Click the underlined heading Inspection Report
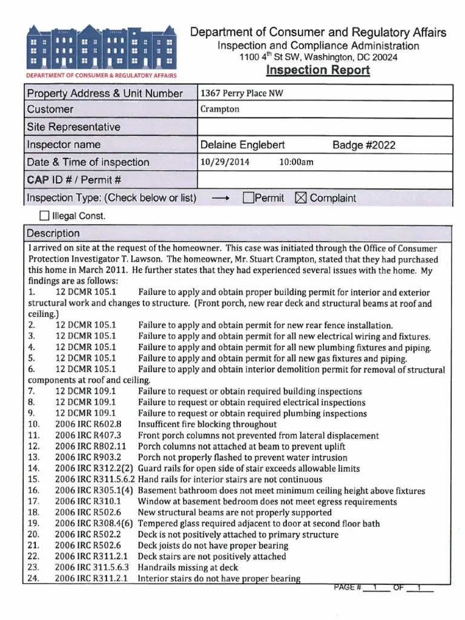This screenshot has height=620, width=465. point(318,70)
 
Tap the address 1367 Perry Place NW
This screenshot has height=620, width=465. point(242,93)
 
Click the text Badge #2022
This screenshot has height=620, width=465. point(364,145)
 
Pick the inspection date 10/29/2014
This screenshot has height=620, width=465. point(224,162)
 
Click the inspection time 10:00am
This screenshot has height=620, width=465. point(296,162)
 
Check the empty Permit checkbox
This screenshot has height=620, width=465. point(248,198)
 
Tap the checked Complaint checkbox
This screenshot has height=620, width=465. point(301,198)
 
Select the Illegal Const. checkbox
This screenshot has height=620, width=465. point(44,216)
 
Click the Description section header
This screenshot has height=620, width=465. point(53,234)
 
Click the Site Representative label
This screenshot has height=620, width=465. point(73,127)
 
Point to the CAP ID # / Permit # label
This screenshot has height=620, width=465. point(74,180)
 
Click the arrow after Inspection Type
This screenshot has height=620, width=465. point(219,198)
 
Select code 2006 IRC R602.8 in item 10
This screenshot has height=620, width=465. point(88,424)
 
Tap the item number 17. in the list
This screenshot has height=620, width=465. point(35,501)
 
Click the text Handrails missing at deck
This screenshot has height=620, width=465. point(188,567)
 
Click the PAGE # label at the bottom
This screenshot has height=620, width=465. point(348,587)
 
